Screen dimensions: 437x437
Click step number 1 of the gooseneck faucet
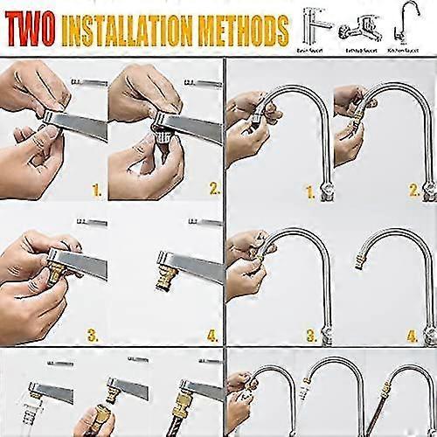[x=309, y=189]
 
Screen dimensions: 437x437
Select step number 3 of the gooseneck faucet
[x=309, y=334]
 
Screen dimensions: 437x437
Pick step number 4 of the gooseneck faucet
[x=413, y=334]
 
